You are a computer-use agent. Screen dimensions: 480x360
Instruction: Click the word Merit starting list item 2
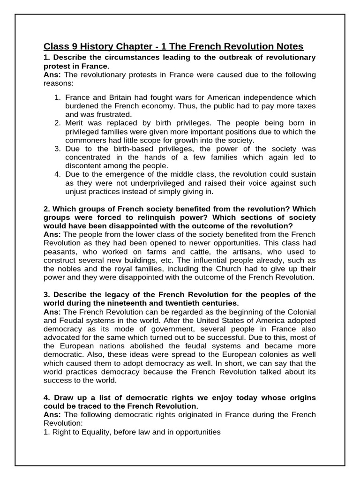coord(75,123)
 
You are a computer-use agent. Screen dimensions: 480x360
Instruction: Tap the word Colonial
coord(299,312)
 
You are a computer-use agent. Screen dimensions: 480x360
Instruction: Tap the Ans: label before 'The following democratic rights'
coord(52,414)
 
